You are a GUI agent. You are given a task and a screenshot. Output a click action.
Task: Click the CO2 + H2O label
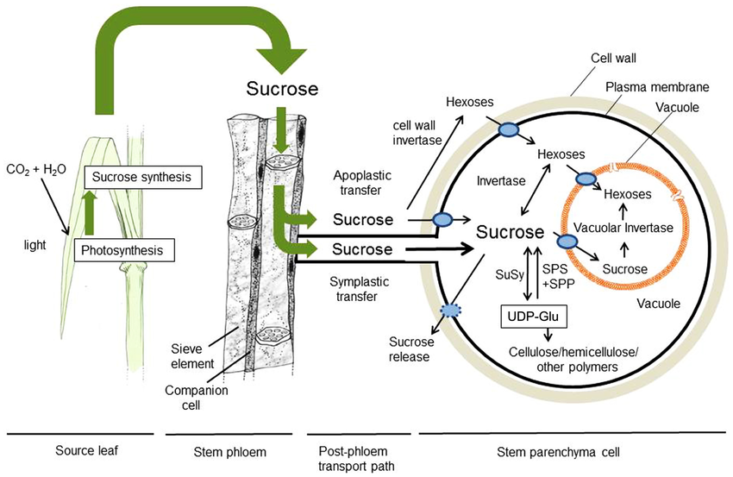[x=33, y=167]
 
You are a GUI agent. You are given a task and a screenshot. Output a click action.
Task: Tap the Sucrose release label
[x=410, y=348]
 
